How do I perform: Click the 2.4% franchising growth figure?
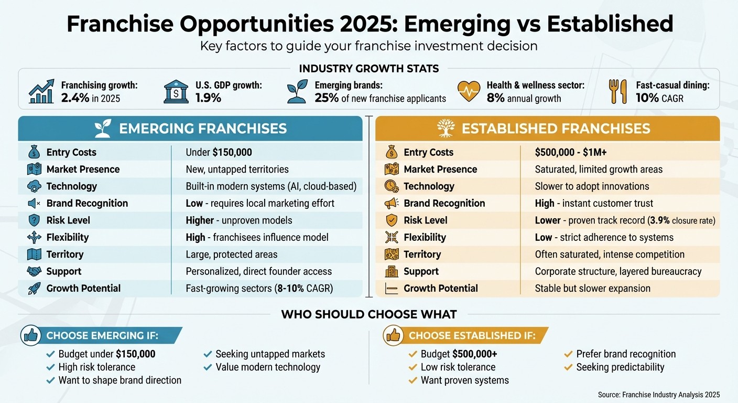pos(75,98)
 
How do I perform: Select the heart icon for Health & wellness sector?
pos(469,91)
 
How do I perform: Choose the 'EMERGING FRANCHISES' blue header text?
pos(202,129)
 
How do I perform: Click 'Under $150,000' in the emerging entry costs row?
pos(219,152)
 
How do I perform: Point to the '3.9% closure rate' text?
pos(681,220)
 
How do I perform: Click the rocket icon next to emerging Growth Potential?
pos(34,288)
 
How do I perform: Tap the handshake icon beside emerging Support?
pos(34,271)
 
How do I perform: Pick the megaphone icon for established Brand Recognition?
pos(392,203)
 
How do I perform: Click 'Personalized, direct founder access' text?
pos(258,271)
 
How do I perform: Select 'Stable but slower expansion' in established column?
pos(592,288)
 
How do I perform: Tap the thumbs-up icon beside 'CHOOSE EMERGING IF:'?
pos(31,335)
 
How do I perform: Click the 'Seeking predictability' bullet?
pos(620,367)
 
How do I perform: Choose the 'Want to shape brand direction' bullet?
pos(120,380)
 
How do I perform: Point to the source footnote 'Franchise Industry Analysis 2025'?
pos(658,394)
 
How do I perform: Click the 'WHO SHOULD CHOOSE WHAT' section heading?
pos(369,314)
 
